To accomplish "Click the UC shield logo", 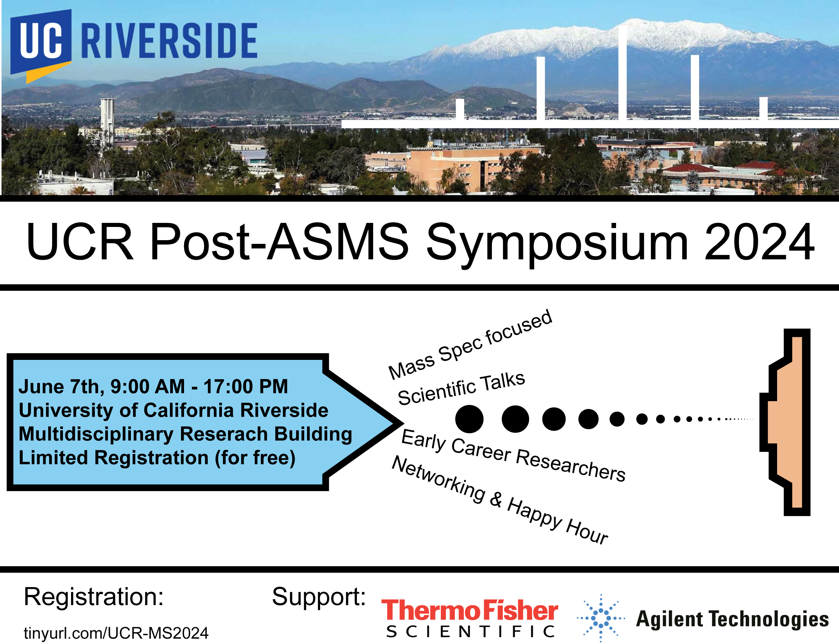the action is [41, 44].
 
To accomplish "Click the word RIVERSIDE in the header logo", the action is [169, 40].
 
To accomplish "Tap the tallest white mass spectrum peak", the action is [622, 73].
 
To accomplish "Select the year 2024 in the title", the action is [759, 242].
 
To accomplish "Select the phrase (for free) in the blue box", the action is [255, 458].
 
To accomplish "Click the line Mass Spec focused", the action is [471, 344].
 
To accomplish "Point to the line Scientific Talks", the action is [462, 389].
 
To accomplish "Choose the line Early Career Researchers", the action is [513, 455].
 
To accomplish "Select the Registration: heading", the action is [94, 597].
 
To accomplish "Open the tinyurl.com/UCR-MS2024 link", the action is [116, 633].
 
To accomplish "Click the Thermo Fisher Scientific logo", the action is [470, 618].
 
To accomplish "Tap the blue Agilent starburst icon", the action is [601, 618].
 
